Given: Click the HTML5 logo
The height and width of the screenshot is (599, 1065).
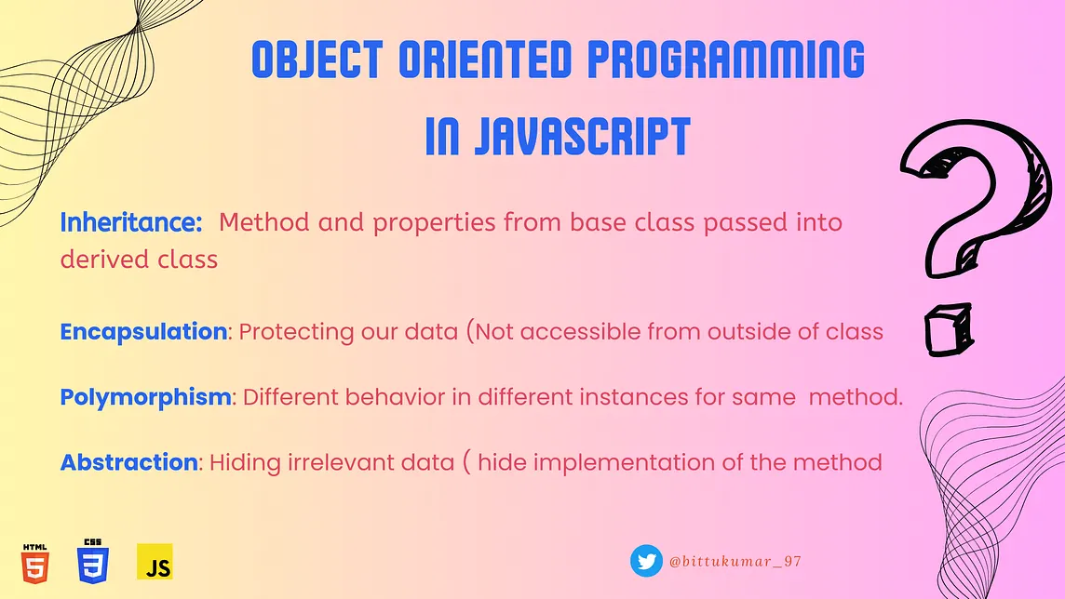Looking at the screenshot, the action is pos(34,563).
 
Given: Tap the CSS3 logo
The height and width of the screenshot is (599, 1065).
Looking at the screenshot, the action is pos(92,561).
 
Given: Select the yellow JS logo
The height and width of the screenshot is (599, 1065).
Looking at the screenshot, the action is pos(155,562).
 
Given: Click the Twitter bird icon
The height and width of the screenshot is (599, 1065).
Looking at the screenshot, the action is pos(646,561).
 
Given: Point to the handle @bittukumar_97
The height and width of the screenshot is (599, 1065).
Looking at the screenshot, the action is pos(735,562).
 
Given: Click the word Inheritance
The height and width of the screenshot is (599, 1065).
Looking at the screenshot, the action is pos(131,221).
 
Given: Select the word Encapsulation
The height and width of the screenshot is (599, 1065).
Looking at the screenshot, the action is pos(143,332).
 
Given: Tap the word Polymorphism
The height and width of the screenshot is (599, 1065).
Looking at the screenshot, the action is pos(145,397).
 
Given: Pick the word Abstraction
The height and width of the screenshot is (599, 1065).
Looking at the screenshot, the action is pos(129,462).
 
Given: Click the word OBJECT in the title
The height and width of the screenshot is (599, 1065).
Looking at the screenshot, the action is pos(317,59).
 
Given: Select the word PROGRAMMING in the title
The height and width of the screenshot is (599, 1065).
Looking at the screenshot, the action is pos(725,59).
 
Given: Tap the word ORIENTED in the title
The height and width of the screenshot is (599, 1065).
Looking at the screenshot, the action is pos(485,59).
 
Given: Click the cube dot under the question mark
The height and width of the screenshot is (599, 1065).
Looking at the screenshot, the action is pos(949,329).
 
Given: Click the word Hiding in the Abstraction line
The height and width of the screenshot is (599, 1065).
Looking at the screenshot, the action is pos(245,462).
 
